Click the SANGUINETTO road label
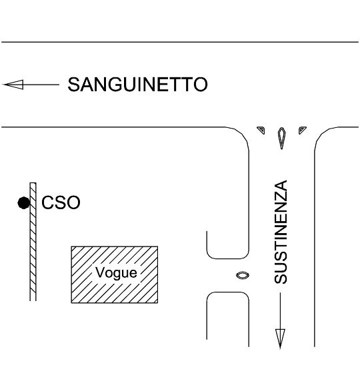[137, 85]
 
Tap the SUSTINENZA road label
[281, 232]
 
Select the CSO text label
[61, 202]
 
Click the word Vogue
[116, 272]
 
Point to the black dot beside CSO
[24, 203]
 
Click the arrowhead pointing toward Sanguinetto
[13, 85]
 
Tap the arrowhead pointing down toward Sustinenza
[280, 338]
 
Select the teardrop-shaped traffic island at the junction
[281, 138]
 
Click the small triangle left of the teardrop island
[261, 130]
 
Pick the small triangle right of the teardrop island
[302, 130]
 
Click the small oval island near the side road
[243, 275]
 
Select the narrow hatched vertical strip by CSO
[33, 242]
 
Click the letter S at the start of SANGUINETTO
[74, 85]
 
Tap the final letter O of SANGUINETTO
[201, 85]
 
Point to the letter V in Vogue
[100, 272]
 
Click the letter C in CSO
[47, 202]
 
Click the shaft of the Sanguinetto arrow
[41, 85]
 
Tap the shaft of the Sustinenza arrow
[280, 311]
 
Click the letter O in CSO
[73, 202]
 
